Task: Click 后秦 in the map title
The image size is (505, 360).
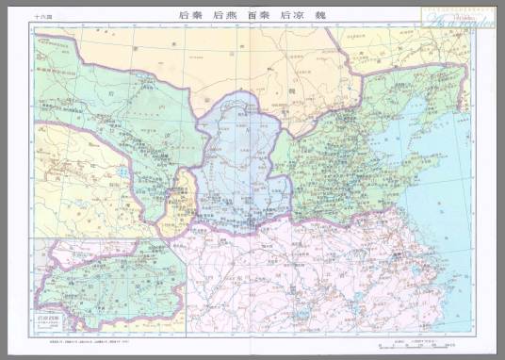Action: pyautogui.click(x=190, y=17)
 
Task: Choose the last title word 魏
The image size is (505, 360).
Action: pyautogui.click(x=320, y=17)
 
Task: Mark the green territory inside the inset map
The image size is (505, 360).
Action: pyautogui.click(x=104, y=278)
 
